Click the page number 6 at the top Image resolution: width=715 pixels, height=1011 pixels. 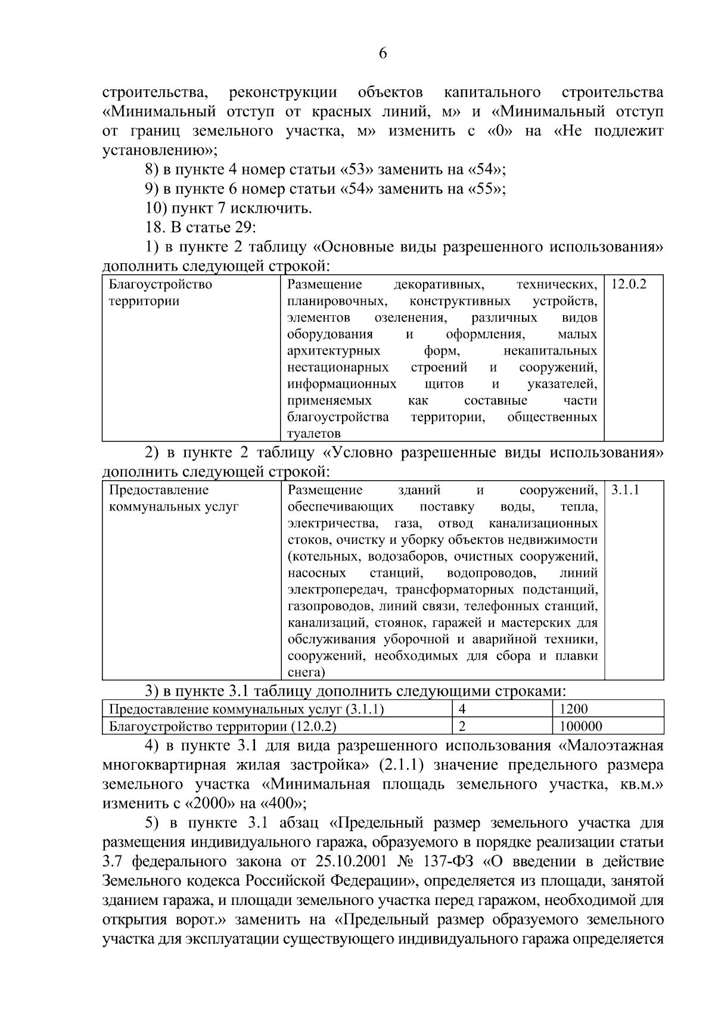(x=383, y=54)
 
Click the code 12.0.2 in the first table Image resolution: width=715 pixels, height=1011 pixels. (x=629, y=284)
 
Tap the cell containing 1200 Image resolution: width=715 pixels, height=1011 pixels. (x=573, y=709)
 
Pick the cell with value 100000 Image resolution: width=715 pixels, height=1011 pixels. (x=581, y=726)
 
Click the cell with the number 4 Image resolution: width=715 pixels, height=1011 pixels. (x=462, y=709)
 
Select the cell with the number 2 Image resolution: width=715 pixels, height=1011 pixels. (x=462, y=726)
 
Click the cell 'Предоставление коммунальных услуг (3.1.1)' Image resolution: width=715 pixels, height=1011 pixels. (x=246, y=709)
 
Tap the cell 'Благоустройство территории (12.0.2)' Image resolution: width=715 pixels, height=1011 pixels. (x=222, y=726)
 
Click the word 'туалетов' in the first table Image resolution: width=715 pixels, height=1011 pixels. (x=314, y=434)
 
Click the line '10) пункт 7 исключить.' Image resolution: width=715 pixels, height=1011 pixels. (x=228, y=209)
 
